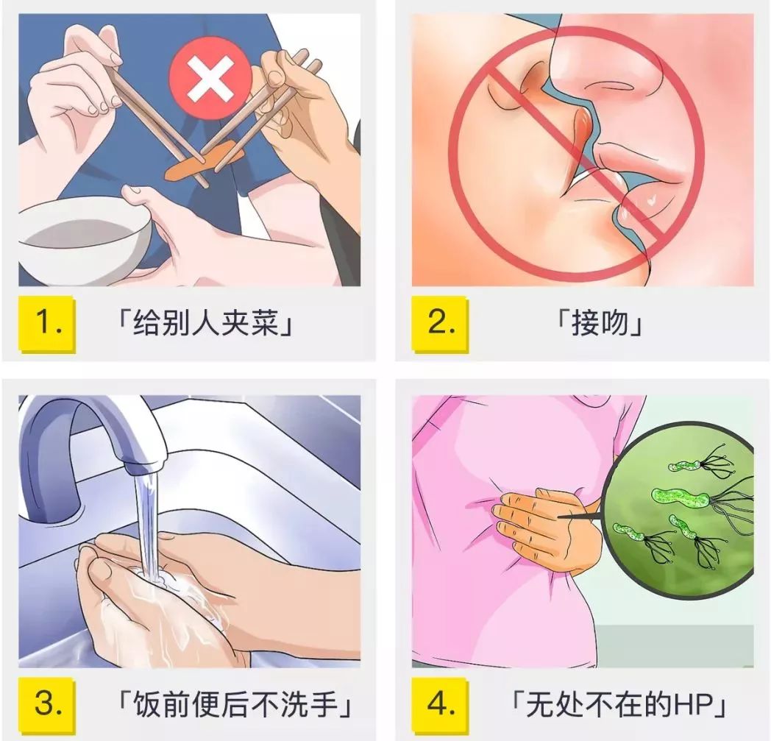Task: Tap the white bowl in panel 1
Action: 84,241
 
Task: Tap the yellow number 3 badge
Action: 47,704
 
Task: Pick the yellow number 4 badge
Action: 440,704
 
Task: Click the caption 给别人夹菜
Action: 205,324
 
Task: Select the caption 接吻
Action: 599,324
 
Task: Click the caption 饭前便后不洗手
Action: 235,704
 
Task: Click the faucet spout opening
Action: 143,464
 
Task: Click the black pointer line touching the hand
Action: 580,517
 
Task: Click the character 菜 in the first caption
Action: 266,324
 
